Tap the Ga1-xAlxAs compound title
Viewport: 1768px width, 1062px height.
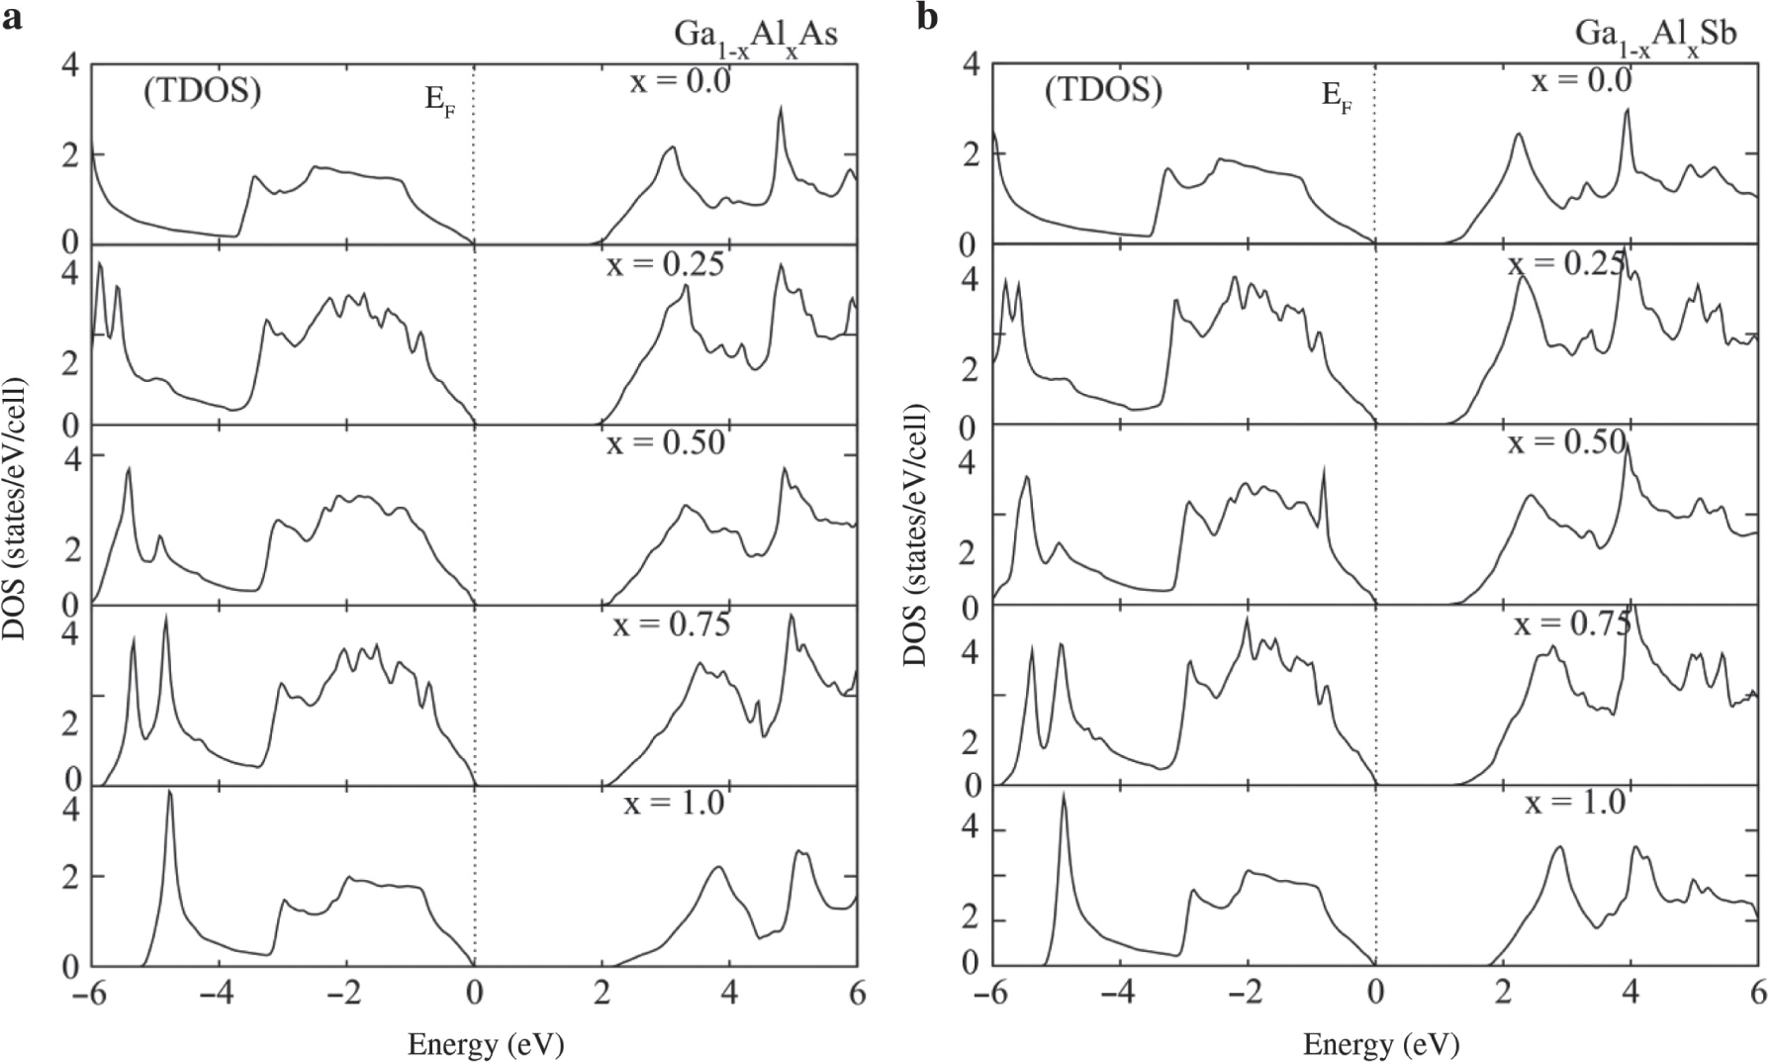(749, 36)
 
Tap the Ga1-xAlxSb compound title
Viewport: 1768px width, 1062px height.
(1654, 36)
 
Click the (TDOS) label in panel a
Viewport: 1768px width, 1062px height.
(202, 91)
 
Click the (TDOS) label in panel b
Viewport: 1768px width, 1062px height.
(1103, 91)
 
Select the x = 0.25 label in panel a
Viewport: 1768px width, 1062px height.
(665, 264)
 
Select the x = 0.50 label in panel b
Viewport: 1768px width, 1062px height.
(1566, 442)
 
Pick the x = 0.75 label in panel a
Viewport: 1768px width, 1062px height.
(671, 625)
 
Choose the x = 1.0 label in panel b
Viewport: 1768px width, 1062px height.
(1575, 803)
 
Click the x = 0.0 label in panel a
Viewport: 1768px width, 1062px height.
(680, 80)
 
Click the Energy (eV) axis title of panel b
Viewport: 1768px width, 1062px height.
(1381, 1043)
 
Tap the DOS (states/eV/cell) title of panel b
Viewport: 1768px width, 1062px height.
(916, 534)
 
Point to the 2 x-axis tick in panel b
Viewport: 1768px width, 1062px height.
(1503, 993)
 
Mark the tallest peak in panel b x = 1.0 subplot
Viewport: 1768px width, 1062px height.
(1064, 794)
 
